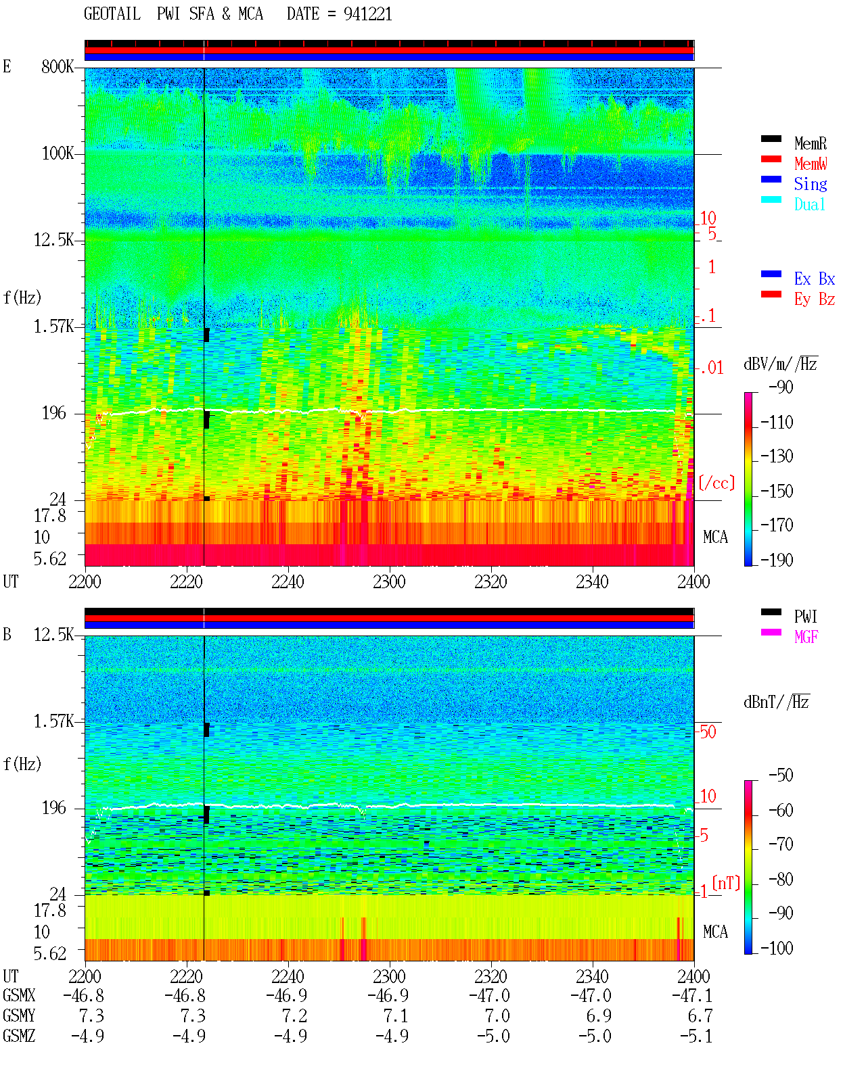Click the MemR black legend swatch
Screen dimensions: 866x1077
771,139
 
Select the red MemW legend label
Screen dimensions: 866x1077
811,164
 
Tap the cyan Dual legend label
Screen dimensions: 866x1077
809,204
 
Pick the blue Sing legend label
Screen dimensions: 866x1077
810,184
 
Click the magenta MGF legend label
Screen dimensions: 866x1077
806,637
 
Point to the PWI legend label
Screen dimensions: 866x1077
805,616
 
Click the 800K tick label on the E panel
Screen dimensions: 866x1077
58,66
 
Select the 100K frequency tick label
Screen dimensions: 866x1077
58,153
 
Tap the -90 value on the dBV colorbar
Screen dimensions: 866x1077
781,387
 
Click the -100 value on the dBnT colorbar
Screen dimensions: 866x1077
776,947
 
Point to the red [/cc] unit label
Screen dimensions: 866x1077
716,483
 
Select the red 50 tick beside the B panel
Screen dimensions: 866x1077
708,732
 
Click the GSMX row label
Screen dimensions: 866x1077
19,995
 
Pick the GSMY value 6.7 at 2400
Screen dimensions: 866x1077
700,1015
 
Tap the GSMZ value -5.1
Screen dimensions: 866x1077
696,1036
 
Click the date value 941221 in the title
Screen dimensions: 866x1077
367,14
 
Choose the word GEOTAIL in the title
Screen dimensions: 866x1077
112,14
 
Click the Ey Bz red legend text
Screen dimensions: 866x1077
815,299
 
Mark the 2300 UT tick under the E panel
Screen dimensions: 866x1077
389,581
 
